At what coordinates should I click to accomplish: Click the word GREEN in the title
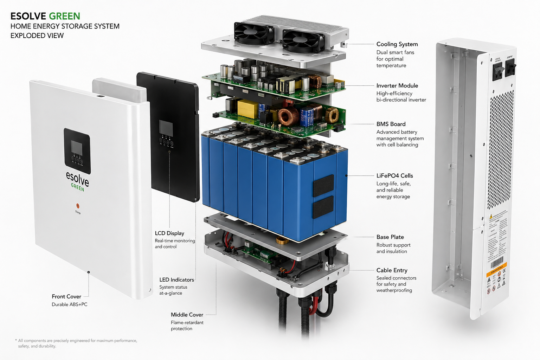(x=64, y=16)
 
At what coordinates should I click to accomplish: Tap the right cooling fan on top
(x=303, y=40)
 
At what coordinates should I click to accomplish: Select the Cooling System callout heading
(x=397, y=44)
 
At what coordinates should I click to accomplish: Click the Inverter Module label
(x=397, y=86)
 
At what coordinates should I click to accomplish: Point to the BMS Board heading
(x=391, y=124)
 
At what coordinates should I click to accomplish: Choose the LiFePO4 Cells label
(x=394, y=176)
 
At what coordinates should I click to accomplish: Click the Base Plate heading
(x=390, y=237)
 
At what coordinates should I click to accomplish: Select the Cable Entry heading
(x=392, y=270)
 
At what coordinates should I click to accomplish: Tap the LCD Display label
(x=169, y=233)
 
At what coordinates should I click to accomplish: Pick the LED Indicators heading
(x=176, y=280)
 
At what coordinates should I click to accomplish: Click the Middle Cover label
(x=187, y=315)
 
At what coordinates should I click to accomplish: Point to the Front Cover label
(x=66, y=297)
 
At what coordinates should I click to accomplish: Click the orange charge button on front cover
(x=78, y=206)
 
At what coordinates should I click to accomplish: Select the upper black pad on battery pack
(x=323, y=186)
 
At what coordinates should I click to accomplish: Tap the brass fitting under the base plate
(x=282, y=240)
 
